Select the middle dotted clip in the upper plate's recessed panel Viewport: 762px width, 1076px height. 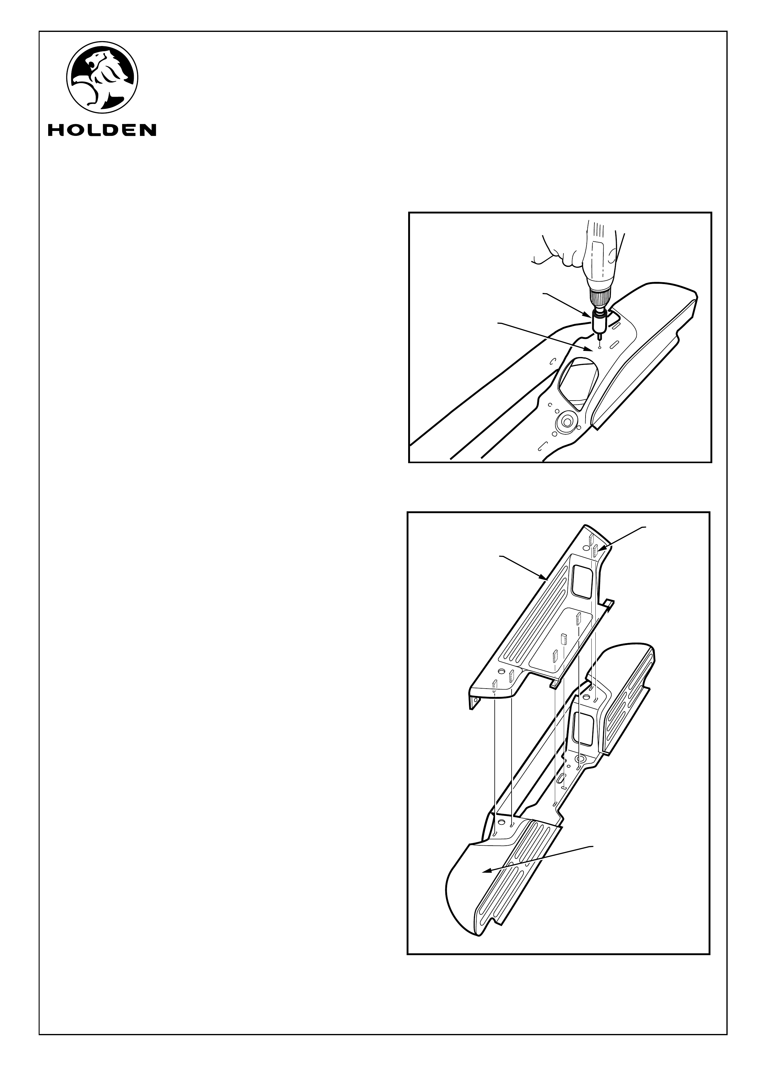point(563,640)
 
